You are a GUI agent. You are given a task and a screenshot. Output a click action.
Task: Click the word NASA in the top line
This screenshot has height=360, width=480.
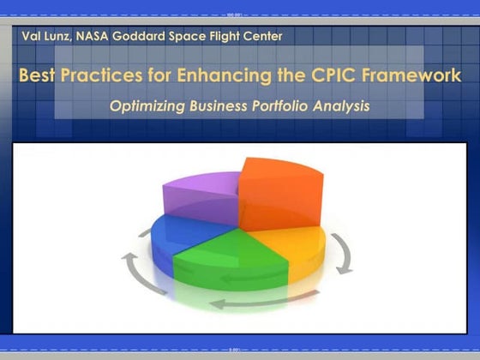97,36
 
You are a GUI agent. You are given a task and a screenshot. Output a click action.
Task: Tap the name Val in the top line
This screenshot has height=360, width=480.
33,36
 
